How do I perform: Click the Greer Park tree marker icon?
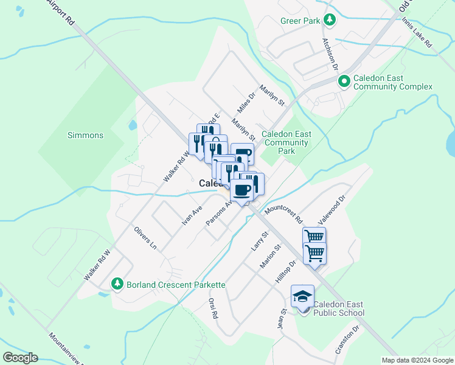click(x=329, y=20)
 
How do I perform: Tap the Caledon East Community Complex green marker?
click(x=344, y=80)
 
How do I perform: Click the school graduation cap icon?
click(x=302, y=296)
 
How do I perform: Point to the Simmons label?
click(x=85, y=135)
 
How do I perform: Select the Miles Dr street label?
click(x=246, y=104)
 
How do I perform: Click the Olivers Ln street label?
click(x=145, y=238)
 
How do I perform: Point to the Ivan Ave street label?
click(x=192, y=217)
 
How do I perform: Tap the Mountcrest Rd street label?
click(x=283, y=213)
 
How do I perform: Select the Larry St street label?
click(x=260, y=242)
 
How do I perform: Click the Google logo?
click(x=20, y=358)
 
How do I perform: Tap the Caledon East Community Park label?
click(x=287, y=142)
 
